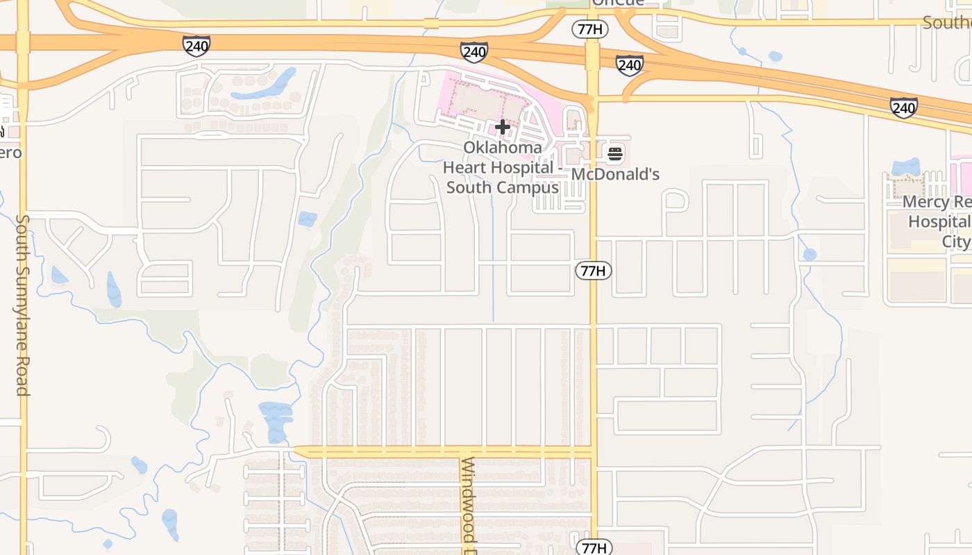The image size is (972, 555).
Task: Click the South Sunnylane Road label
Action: pyautogui.click(x=23, y=305)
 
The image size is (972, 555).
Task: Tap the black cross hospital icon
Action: pyautogui.click(x=503, y=127)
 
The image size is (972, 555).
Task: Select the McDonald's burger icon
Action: pyautogui.click(x=615, y=153)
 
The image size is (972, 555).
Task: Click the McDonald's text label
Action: pyautogui.click(x=615, y=173)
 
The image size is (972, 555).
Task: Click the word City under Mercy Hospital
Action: pyautogui.click(x=956, y=241)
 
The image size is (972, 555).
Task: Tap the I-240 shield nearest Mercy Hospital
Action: pyautogui.click(x=904, y=108)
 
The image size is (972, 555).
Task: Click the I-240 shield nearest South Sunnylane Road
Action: pyautogui.click(x=196, y=46)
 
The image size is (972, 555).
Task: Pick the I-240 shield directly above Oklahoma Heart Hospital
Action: pyautogui.click(x=474, y=51)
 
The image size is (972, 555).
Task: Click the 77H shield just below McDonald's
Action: pyautogui.click(x=593, y=271)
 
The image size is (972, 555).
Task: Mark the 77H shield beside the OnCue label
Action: pyautogui.click(x=590, y=29)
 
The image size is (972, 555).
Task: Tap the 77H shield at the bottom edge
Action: pyautogui.click(x=594, y=547)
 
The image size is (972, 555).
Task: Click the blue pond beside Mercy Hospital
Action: pyautogui.click(x=905, y=166)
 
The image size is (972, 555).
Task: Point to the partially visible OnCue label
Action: pyautogui.click(x=618, y=3)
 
